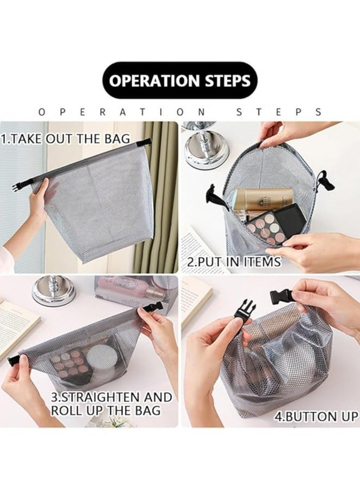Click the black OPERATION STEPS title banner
(x=179, y=80)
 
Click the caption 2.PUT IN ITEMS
(x=234, y=262)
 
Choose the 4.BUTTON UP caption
(x=315, y=417)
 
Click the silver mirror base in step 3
(x=53, y=290)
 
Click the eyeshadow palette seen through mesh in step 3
(x=70, y=363)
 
